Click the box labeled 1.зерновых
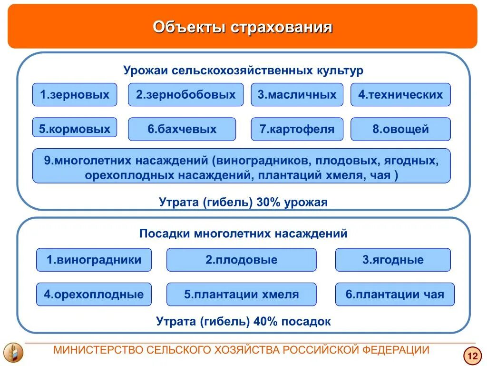click(75, 95)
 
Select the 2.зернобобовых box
click(185, 95)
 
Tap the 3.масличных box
click(297, 95)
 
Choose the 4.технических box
click(400, 95)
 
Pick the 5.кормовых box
click(75, 129)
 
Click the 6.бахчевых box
click(182, 129)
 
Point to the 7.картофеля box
click(297, 129)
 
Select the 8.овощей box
click(400, 129)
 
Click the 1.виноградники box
click(94, 260)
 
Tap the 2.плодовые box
click(241, 260)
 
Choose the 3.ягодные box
click(393, 260)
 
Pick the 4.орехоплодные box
click(94, 294)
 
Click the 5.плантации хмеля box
click(241, 294)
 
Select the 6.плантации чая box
click(395, 294)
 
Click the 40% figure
click(266, 321)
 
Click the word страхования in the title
click(282, 27)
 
